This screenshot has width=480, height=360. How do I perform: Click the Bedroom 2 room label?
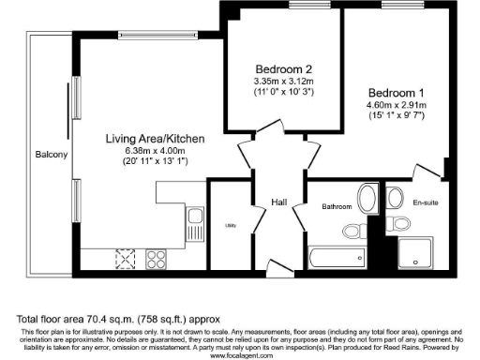point(283,68)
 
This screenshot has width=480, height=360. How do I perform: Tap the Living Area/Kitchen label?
point(155,138)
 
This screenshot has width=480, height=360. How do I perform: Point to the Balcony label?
point(51,154)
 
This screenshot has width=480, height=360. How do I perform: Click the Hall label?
point(279,202)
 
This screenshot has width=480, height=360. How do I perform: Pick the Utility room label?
point(230,225)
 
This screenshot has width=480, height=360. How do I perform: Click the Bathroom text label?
point(336,206)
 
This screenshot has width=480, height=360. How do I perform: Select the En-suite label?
point(426,202)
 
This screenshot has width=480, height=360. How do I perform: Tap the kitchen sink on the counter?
point(195,223)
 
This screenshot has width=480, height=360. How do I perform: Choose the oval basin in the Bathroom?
point(367,199)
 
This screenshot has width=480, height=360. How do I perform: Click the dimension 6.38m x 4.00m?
point(155,150)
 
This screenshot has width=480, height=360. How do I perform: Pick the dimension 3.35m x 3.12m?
point(283,82)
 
